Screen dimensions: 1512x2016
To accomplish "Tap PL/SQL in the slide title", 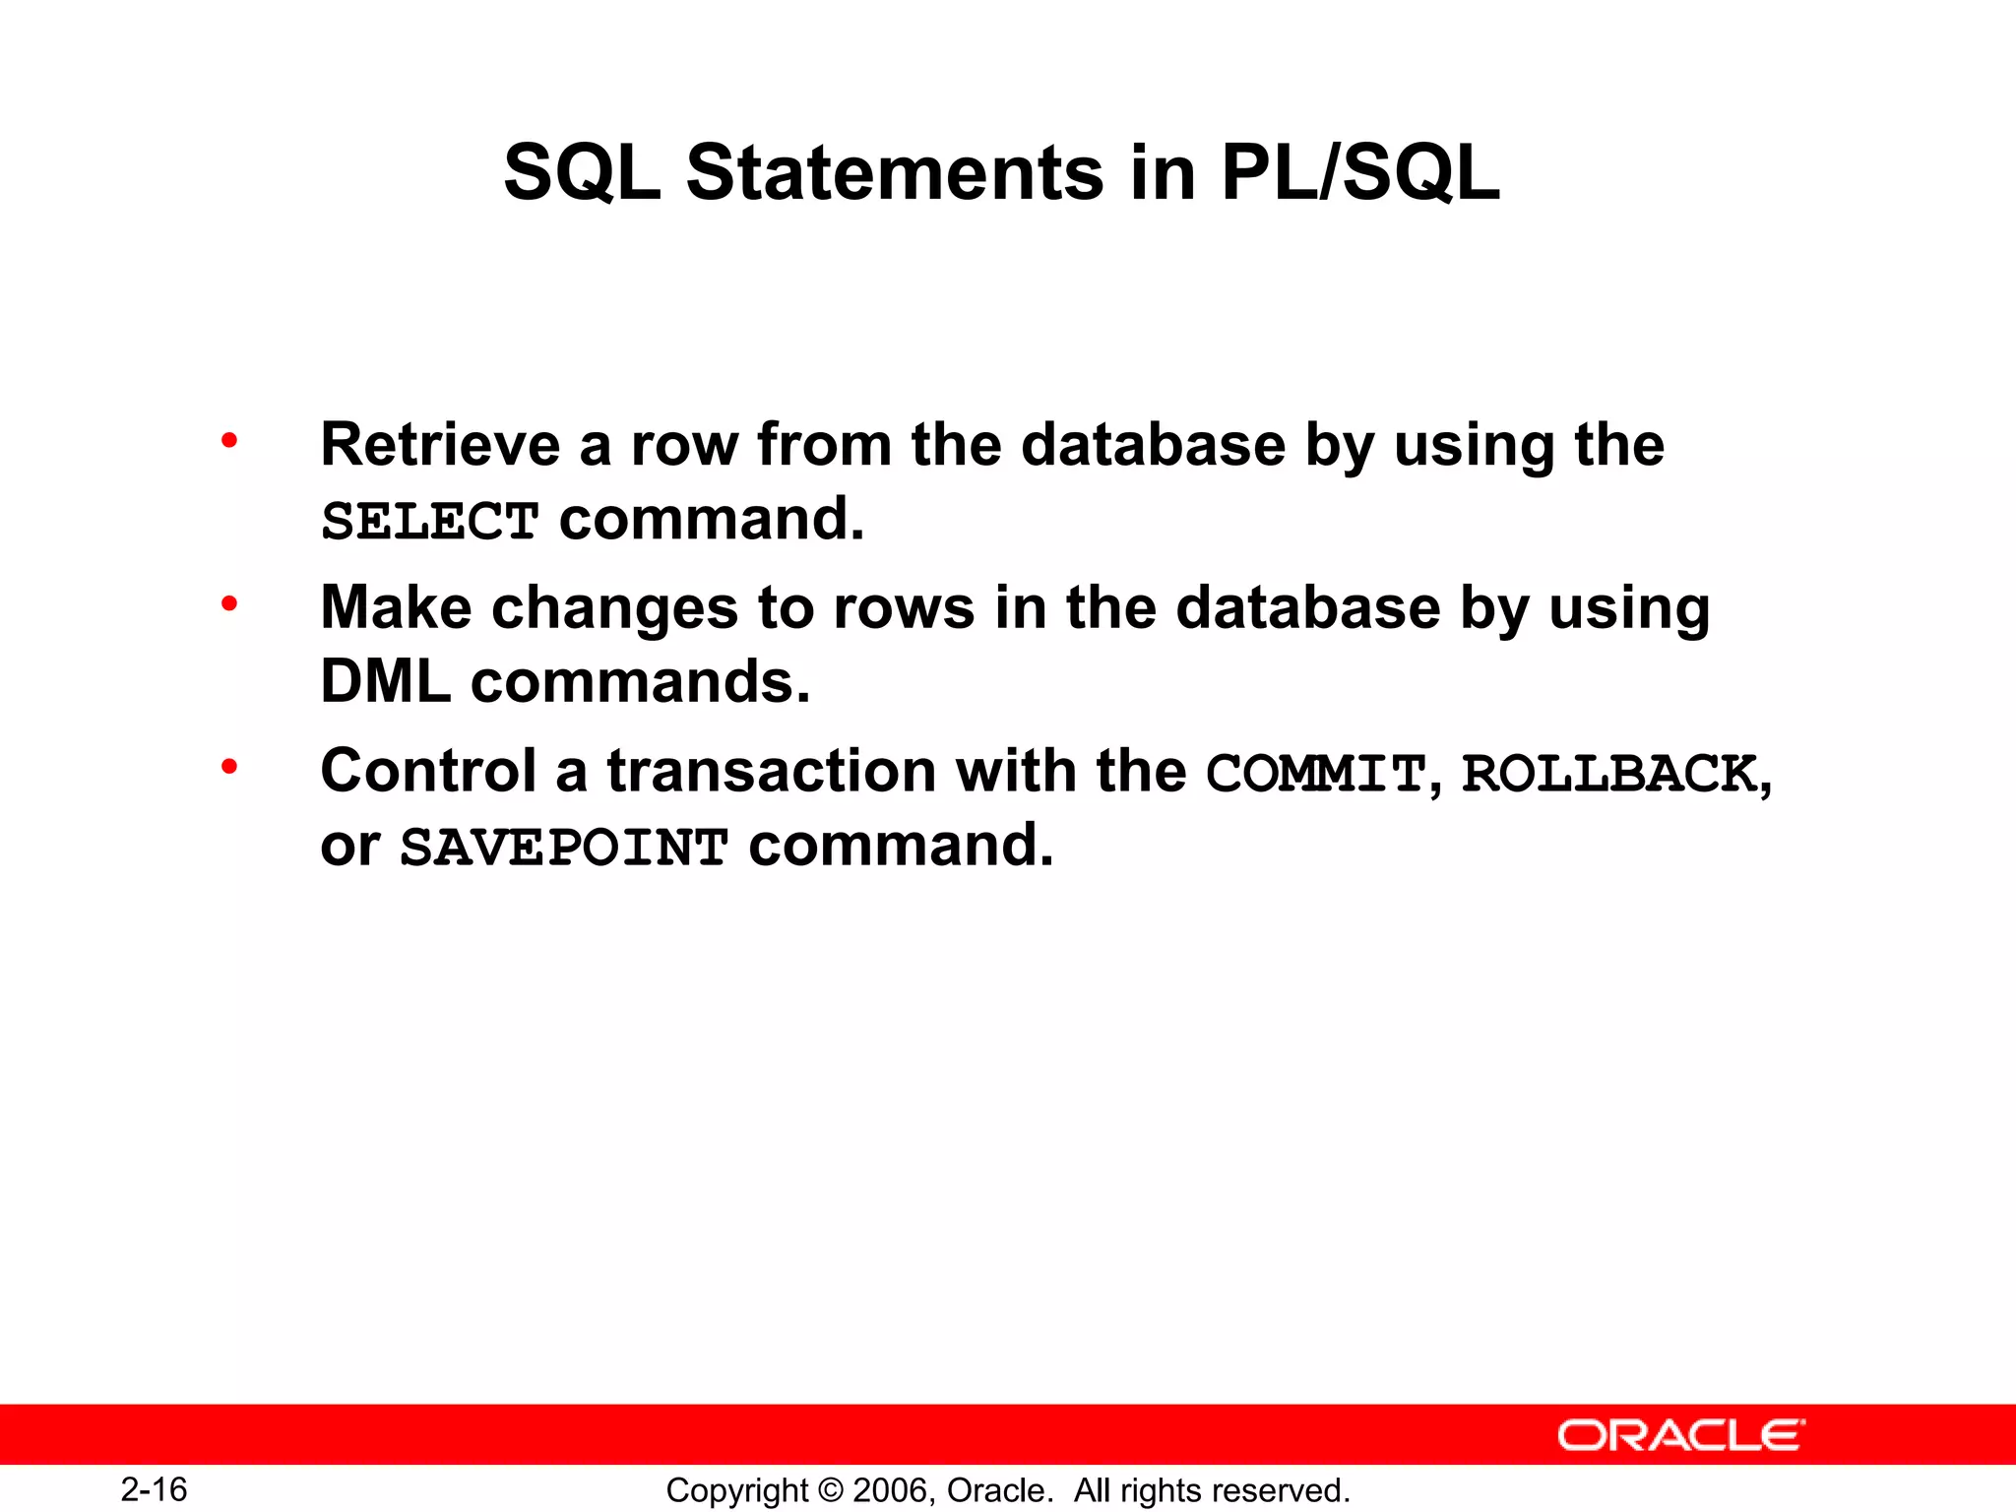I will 1359,173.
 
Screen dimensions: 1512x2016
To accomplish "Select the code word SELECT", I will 430,521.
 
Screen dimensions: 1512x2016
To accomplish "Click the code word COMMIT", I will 1316,773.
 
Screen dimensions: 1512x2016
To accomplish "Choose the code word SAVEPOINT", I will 564,847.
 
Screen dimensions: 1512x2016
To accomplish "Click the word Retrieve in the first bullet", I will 440,445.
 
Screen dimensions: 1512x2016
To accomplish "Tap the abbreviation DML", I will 385,681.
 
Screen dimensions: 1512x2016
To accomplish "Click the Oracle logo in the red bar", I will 1680,1435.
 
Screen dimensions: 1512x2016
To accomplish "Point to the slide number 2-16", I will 155,1489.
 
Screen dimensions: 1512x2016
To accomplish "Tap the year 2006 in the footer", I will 890,1490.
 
